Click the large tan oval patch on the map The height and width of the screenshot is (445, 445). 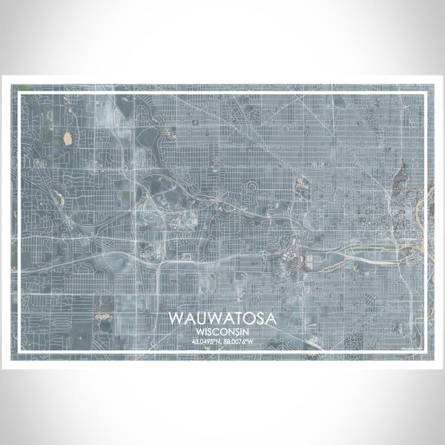67,137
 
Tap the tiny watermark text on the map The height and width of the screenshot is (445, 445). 410,346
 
